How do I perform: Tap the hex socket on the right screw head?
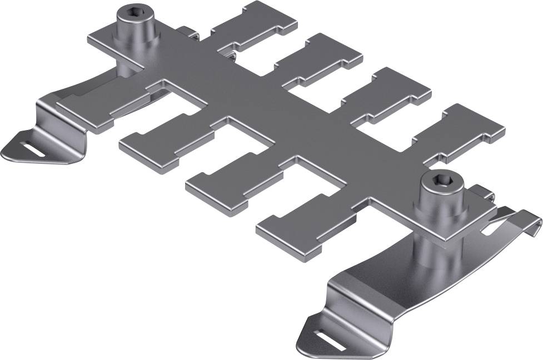pos(435,181)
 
